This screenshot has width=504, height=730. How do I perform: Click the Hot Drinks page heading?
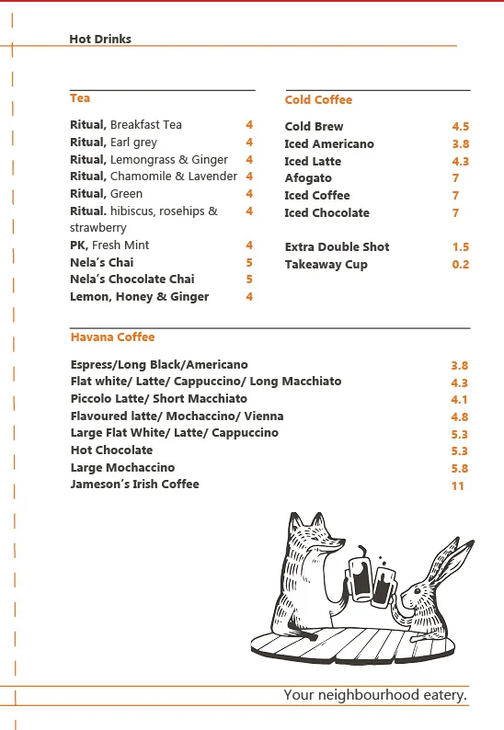(x=100, y=40)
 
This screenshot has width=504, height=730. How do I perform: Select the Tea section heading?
(x=80, y=98)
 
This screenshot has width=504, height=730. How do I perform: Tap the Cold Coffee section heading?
(x=318, y=100)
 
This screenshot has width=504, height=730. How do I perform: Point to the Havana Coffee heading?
(x=112, y=337)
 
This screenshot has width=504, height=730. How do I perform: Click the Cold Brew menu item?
(x=314, y=127)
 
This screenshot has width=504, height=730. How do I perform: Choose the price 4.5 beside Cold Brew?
(x=460, y=127)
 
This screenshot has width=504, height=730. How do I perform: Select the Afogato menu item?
(x=308, y=178)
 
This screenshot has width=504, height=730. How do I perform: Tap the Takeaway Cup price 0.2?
(x=460, y=265)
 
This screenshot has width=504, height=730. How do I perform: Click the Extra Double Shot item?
(x=337, y=247)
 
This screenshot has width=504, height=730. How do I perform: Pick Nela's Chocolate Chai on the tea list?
(x=132, y=279)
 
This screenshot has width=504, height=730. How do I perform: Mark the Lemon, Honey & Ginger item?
(x=139, y=297)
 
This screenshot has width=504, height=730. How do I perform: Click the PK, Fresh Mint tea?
(x=109, y=245)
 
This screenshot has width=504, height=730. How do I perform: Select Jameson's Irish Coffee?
(x=134, y=485)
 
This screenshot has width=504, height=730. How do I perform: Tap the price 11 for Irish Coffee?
(x=458, y=485)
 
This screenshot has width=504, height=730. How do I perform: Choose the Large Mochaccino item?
(x=122, y=468)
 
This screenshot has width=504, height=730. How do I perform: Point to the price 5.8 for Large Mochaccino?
(x=459, y=469)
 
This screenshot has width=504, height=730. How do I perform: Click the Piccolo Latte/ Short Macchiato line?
(x=158, y=399)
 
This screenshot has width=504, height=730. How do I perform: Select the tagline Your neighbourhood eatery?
(x=375, y=695)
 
